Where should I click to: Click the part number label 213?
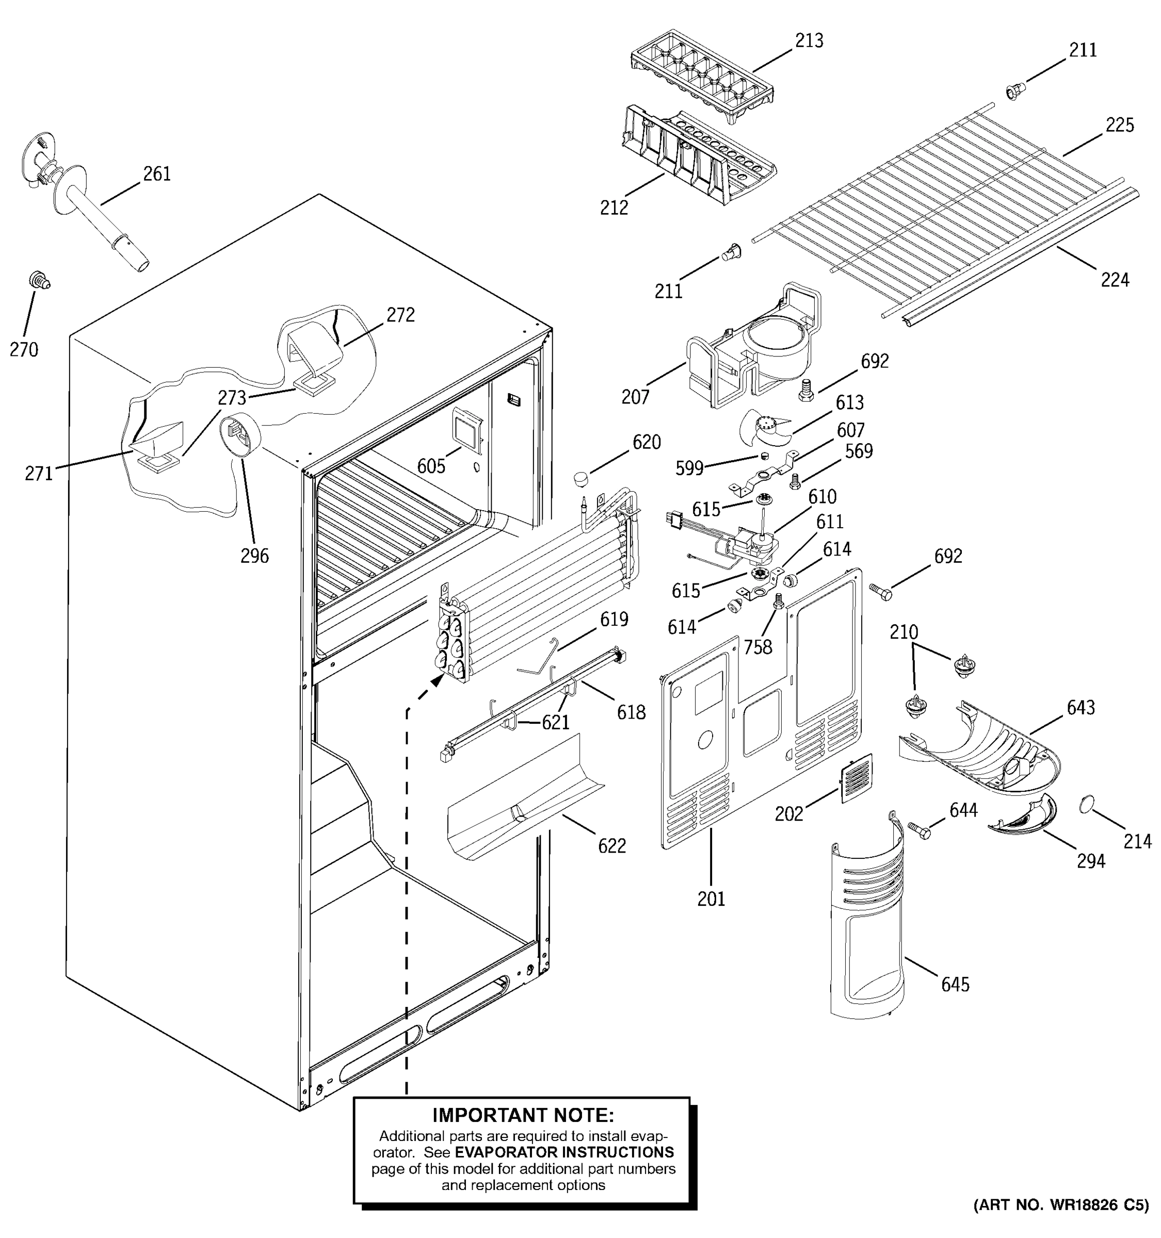pyautogui.click(x=809, y=41)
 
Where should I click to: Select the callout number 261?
pyautogui.click(x=157, y=174)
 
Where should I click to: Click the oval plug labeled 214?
pyautogui.click(x=1086, y=805)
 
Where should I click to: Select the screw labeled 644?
pyautogui.click(x=918, y=830)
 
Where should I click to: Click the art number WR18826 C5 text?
pyautogui.click(x=1061, y=1222)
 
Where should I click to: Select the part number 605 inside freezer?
pyautogui.click(x=431, y=466)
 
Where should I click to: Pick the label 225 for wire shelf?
pyautogui.click(x=1119, y=125)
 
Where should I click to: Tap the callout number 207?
pyautogui.click(x=635, y=397)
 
